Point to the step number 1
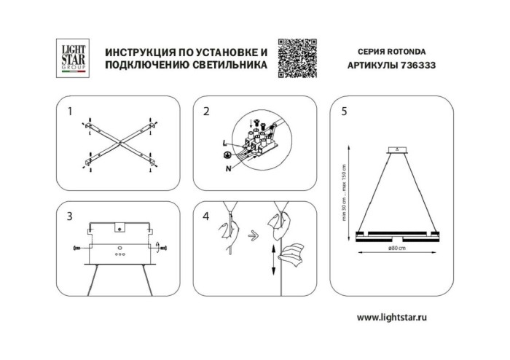[x=69, y=112]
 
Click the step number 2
[x=206, y=112]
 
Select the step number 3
[x=69, y=216]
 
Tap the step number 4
[x=206, y=216]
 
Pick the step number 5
[x=343, y=112]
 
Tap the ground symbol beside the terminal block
[x=227, y=155]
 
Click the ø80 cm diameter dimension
[x=398, y=249]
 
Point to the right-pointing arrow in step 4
[x=252, y=235]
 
